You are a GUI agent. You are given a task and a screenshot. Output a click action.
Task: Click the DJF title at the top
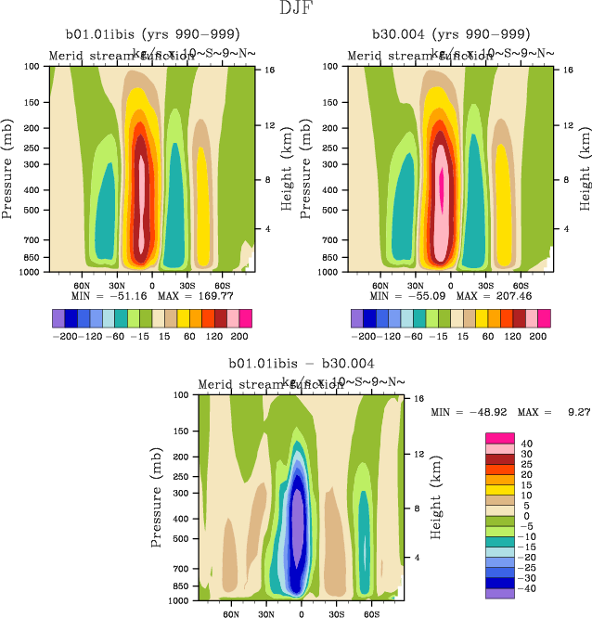pyautogui.click(x=295, y=10)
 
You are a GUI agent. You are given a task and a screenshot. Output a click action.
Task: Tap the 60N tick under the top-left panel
pyautogui.click(x=82, y=286)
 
